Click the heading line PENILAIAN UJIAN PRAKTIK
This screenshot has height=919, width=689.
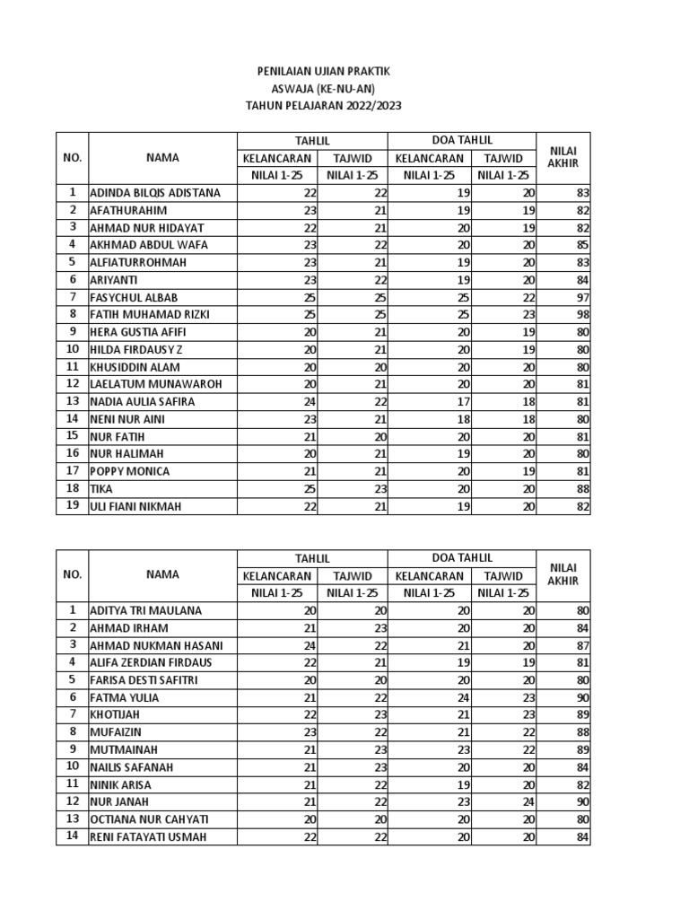pos(323,71)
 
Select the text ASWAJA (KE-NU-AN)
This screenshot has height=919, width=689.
pos(323,88)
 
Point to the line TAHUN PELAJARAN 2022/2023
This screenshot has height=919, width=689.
pos(323,105)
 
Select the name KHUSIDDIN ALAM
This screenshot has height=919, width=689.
pos(135,367)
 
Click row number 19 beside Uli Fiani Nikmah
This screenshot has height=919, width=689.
pos(72,506)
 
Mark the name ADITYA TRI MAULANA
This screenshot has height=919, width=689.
pos(145,610)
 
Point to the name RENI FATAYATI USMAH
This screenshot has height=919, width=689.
pos(149,837)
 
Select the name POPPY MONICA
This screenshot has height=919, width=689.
pos(129,471)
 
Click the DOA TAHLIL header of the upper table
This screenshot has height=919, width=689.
pos(461,141)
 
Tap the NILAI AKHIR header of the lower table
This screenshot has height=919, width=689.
pos(563,574)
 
